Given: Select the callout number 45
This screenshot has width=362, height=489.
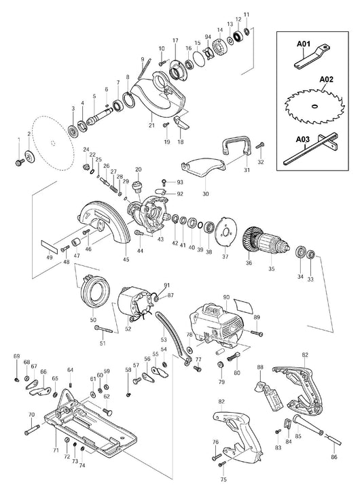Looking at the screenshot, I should (126, 258).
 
